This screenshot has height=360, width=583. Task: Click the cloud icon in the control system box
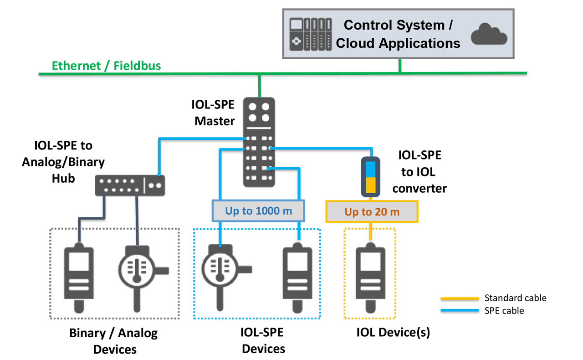click(489, 34)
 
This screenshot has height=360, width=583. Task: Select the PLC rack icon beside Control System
click(310, 34)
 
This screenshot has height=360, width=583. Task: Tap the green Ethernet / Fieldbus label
click(106, 66)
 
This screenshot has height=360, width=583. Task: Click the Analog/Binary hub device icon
click(130, 185)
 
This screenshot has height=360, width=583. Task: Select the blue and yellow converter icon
click(371, 176)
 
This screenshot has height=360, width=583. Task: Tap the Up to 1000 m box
click(258, 211)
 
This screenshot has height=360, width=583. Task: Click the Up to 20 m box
click(372, 212)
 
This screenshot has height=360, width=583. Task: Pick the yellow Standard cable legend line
click(460, 298)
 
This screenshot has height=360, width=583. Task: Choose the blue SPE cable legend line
click(460, 311)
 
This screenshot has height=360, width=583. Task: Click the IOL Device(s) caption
click(393, 333)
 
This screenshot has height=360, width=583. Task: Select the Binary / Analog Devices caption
click(114, 341)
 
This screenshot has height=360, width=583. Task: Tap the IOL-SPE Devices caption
click(263, 341)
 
